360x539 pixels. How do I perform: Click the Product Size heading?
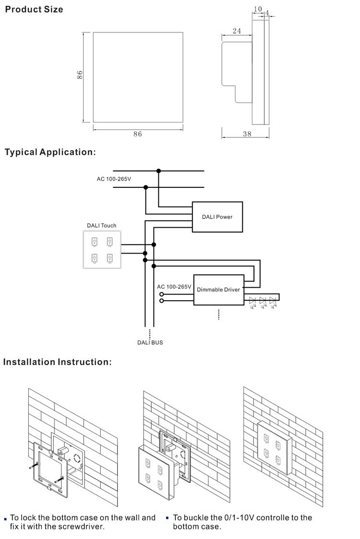34,9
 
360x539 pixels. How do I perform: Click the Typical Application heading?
50,152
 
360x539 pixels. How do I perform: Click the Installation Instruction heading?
58,362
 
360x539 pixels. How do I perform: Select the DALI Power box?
217,217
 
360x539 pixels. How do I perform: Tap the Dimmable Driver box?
218,290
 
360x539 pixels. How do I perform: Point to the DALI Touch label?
101,225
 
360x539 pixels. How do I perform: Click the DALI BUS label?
150,343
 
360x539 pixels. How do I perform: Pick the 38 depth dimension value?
247,134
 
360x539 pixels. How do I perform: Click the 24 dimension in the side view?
237,31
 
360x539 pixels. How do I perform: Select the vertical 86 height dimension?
80,75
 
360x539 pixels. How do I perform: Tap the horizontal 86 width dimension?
138,134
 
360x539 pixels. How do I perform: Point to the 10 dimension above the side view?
258,9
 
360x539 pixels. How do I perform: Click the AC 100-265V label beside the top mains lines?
114,179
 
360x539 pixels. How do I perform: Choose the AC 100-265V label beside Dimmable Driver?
174,287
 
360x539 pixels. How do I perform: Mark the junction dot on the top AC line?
158,171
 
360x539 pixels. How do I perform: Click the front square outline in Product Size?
138,77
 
